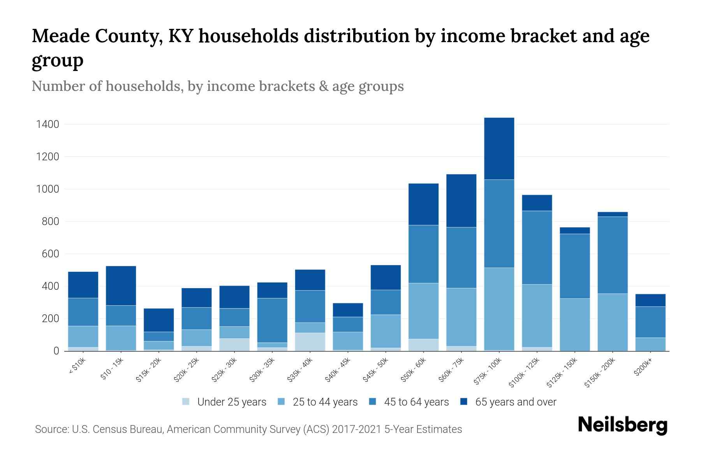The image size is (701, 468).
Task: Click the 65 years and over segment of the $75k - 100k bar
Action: click(499, 149)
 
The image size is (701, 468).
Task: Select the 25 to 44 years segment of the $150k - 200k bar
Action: click(612, 322)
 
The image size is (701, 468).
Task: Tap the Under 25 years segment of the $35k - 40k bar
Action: click(310, 342)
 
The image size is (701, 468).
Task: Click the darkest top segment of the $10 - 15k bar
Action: click(121, 285)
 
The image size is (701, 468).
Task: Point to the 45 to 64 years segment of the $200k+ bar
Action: click(650, 322)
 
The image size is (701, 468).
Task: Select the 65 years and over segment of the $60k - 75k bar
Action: click(461, 200)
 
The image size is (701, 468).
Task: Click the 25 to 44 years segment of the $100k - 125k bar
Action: click(537, 316)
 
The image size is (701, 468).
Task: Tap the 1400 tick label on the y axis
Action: click(48, 124)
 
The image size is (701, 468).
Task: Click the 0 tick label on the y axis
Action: click(56, 351)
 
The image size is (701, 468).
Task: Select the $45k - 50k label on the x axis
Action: click(375, 370)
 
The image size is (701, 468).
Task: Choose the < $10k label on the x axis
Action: click(77, 366)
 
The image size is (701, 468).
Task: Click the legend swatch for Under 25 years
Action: click(186, 402)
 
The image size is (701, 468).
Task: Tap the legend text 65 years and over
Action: click(516, 402)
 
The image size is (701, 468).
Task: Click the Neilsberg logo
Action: click(622, 425)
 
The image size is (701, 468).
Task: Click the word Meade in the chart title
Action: click(60, 36)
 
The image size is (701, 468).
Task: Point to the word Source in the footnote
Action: click(51, 429)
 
